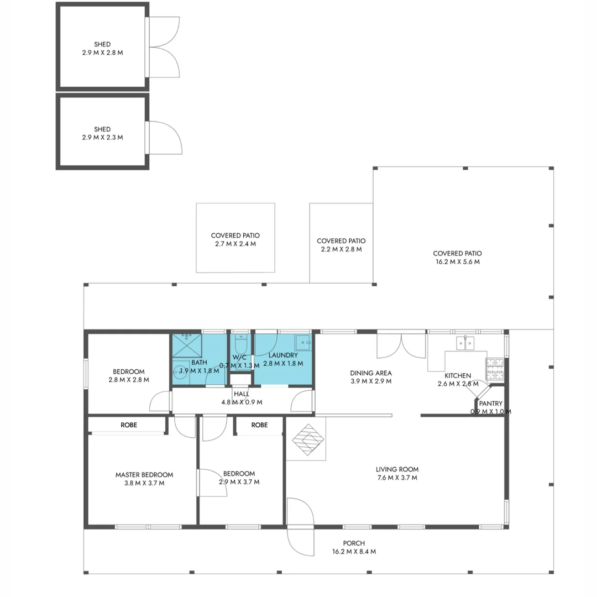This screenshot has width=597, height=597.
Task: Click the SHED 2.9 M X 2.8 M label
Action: [102, 49]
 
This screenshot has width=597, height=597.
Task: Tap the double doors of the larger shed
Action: [163, 46]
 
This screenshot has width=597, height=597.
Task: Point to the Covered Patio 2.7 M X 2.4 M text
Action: [235, 239]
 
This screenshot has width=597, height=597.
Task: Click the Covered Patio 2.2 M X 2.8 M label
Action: [341, 245]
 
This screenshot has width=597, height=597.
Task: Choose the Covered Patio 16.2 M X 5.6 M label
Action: [457, 258]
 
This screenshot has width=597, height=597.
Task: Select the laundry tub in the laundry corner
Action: [303, 343]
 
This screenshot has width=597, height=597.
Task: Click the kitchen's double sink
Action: [465, 343]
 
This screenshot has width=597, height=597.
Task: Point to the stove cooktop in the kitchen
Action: [495, 369]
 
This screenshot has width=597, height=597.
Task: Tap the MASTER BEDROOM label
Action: [144, 479]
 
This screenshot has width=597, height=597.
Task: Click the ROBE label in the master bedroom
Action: [128, 425]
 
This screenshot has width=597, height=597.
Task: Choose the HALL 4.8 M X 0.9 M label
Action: [241, 397]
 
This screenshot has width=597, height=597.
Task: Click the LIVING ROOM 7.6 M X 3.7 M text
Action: [396, 474]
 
